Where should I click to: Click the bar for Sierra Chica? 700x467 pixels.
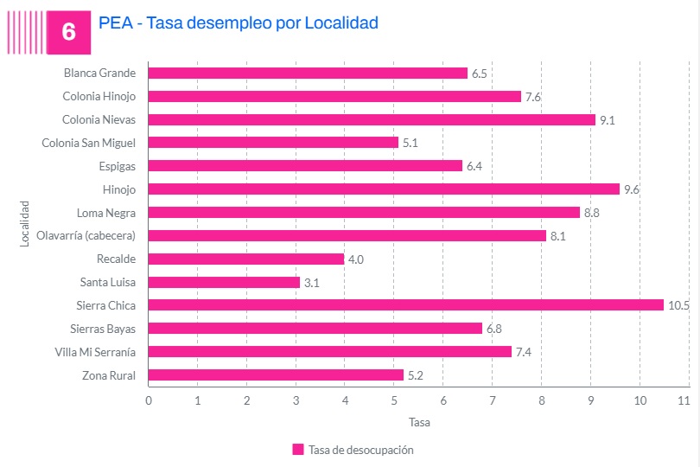pos(406,305)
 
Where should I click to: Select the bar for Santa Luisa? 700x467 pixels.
pos(224,282)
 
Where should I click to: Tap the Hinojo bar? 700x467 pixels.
pos(384,189)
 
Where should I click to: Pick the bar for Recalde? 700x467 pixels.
pos(246,259)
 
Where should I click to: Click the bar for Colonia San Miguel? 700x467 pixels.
pos(273,143)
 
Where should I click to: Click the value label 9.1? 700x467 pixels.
pos(607,120)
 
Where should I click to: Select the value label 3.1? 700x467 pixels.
pos(312,282)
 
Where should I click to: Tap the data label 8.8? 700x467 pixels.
pos(592,213)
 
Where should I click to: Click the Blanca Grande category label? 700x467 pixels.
pos(99,74)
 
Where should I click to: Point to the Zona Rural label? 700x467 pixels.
pos(109,375)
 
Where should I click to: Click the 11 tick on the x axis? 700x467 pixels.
pos(684,400)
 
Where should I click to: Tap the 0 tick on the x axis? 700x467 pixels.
pos(149,400)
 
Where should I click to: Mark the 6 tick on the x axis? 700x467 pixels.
pos(443,400)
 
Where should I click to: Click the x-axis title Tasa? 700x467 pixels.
pos(418,423)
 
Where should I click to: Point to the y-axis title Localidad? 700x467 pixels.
pos(25,224)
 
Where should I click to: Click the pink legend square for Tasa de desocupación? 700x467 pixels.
pos(298,450)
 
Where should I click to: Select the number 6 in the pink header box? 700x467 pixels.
pos(69,32)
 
